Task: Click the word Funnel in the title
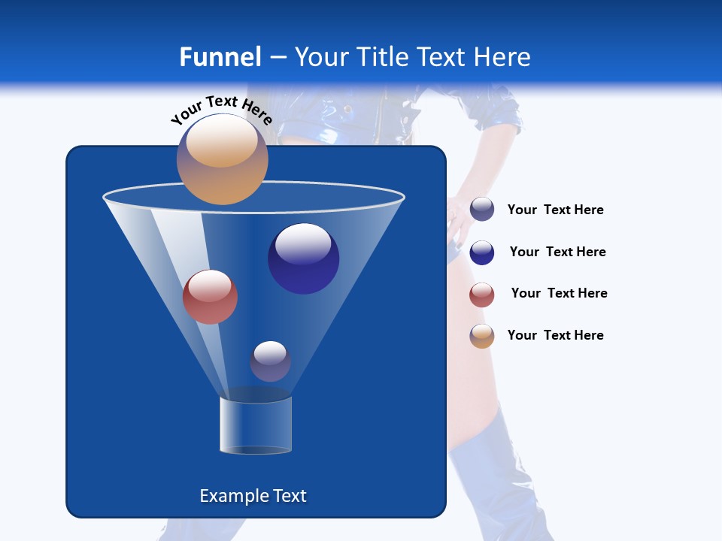click(220, 57)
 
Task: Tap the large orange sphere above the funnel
click(222, 159)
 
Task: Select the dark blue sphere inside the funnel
click(303, 258)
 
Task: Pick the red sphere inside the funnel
click(210, 297)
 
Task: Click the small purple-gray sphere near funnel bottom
click(270, 361)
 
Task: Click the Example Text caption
click(253, 496)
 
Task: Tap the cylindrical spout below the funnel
click(255, 425)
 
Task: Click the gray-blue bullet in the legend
click(482, 210)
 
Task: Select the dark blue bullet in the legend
click(482, 252)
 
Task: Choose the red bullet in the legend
click(482, 295)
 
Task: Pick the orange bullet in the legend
click(482, 336)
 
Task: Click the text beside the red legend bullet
click(559, 293)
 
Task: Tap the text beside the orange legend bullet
click(555, 335)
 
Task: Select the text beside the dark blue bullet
click(557, 252)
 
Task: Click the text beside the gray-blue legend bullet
click(555, 210)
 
